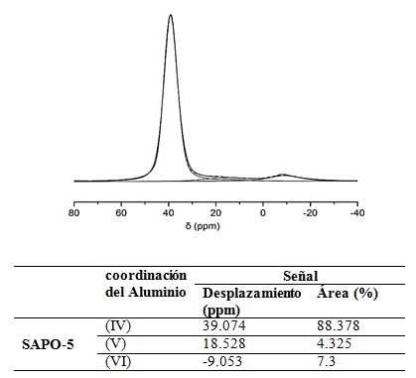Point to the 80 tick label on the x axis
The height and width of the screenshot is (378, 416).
coord(74,212)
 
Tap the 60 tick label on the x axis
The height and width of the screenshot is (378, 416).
coord(121,212)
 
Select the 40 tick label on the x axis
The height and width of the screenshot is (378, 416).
coord(169,212)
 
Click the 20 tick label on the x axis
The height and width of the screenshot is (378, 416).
coord(215,212)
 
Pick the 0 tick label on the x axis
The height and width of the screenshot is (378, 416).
coord(263,212)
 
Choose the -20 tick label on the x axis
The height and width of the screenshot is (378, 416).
coord(309,212)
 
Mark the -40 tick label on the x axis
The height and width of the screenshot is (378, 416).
coord(355,212)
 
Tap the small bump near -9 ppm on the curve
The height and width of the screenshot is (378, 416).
coord(283,175)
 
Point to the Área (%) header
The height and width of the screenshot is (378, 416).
coord(347,294)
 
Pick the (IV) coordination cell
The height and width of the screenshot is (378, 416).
coord(117,325)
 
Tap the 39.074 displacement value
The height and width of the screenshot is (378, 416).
coord(224,325)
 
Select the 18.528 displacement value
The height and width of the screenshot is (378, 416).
coord(224,343)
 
